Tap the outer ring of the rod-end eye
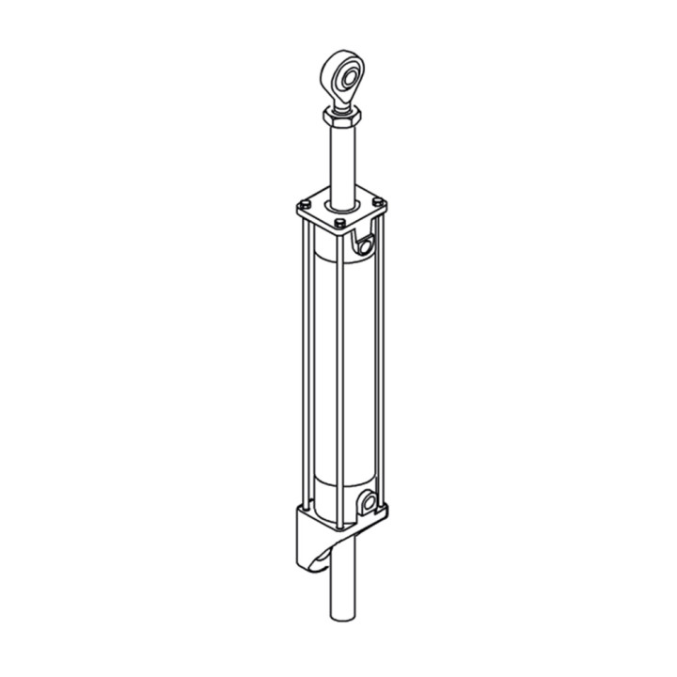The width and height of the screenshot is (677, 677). (332, 66)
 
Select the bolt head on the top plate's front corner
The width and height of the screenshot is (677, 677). (339, 223)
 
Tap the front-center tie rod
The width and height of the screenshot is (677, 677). (339, 376)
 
